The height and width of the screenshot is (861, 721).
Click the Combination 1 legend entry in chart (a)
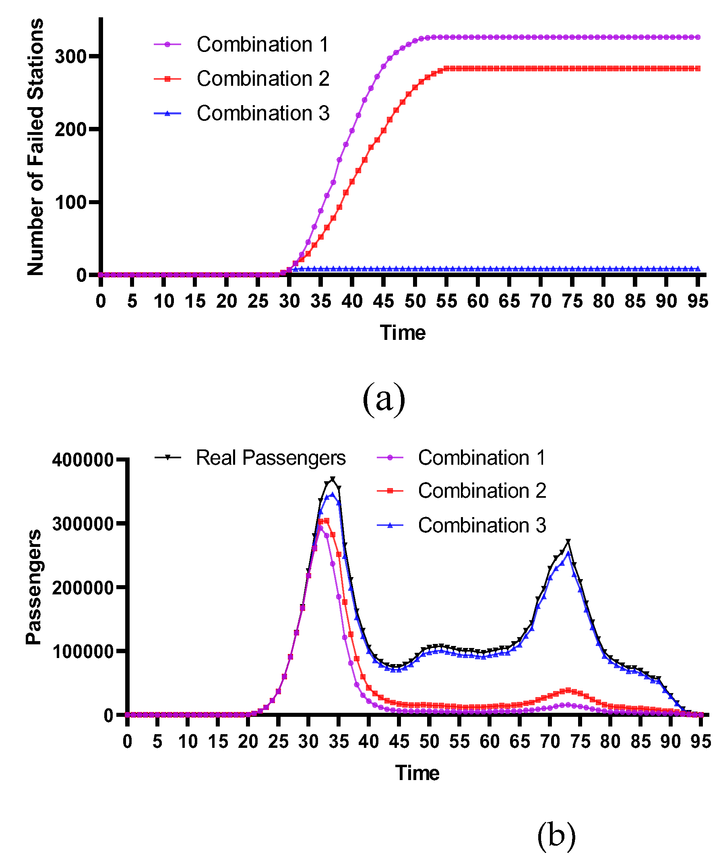click(262, 44)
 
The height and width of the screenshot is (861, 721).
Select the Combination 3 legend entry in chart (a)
click(262, 113)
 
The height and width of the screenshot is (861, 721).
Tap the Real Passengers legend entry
click(271, 457)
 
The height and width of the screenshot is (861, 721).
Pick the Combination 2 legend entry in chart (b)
click(481, 491)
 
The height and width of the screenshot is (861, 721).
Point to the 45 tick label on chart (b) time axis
click(399, 742)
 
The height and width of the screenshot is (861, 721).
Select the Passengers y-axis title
click(33, 587)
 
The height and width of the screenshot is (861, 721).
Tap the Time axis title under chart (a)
click(403, 333)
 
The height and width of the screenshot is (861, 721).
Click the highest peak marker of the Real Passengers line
click(333, 479)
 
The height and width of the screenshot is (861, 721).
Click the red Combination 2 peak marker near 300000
click(326, 521)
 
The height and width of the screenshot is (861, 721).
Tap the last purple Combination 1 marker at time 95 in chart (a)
click(698, 37)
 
